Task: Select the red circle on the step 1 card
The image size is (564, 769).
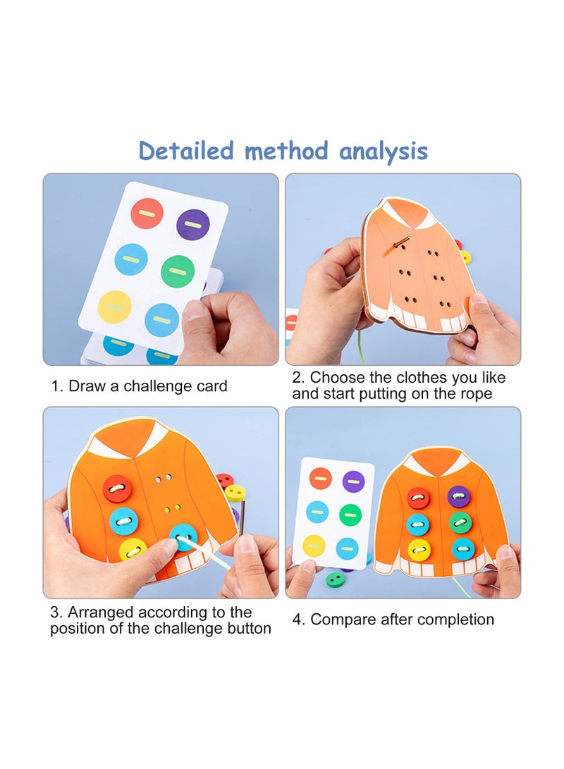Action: coord(147,214)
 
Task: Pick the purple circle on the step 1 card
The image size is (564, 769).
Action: coord(192,225)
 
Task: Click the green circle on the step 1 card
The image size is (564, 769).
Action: coord(177,271)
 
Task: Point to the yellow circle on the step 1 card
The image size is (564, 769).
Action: coord(114,307)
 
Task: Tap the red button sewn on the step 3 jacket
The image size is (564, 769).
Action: coord(117,489)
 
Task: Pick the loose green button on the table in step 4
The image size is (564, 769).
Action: coord(336,579)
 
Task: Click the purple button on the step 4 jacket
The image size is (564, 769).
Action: coord(458,497)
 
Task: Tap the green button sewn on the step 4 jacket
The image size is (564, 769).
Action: coord(460,522)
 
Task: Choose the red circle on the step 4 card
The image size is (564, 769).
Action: coord(320,479)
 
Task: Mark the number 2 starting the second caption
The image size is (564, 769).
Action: coord(297,378)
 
